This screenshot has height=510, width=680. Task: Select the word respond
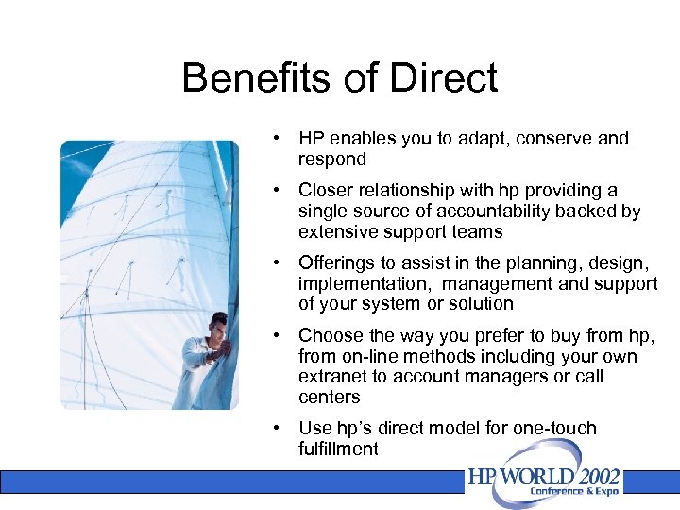point(331,160)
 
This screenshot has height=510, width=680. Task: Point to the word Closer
point(325,191)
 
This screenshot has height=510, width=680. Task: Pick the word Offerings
point(337,263)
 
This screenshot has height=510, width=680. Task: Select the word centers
point(329,398)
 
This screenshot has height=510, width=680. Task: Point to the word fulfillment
point(338,449)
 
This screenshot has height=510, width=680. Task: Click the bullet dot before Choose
point(275,335)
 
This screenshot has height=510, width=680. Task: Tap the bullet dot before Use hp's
point(275,428)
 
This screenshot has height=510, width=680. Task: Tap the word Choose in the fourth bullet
point(330,335)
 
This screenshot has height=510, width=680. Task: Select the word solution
point(483,304)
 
